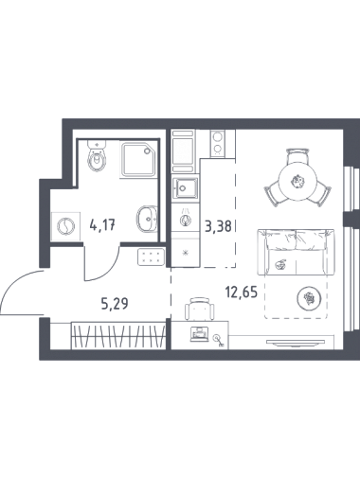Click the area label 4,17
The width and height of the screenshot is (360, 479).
pos(103,225)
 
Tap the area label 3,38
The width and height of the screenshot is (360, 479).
pos(219,226)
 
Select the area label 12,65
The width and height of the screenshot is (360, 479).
pos(242,293)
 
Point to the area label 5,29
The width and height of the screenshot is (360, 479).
pos(115,304)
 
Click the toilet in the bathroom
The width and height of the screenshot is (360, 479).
pos(97,155)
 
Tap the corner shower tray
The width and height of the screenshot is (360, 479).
pos(138,159)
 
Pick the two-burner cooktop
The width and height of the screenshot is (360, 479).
pos(217,143)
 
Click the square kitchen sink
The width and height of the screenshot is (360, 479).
pos(186,188)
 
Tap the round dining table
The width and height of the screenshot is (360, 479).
pos(297,182)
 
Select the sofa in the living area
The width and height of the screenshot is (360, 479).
pos(296,252)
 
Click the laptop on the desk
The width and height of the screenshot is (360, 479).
pos(199,334)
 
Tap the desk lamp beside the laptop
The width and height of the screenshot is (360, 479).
pos(218,341)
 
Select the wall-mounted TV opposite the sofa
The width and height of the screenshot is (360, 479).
pos(296,343)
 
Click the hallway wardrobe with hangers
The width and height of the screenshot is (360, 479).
pos(118,336)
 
